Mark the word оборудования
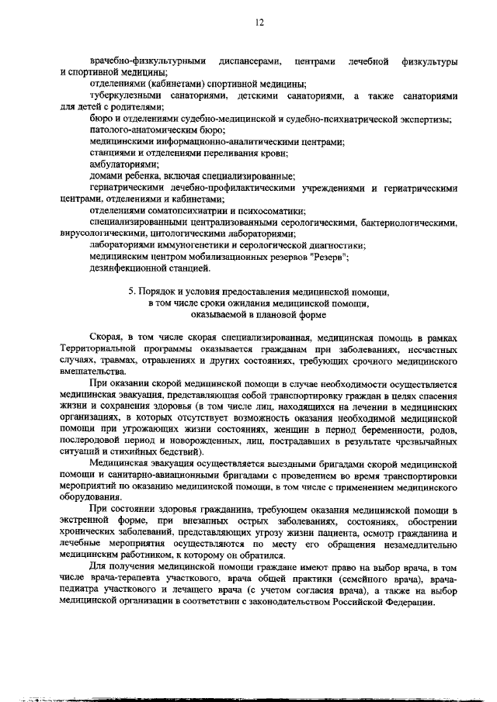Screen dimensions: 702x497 (x=97, y=496)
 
